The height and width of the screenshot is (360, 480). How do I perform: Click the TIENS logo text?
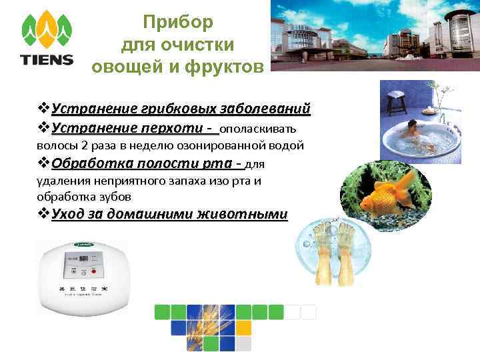(47, 59)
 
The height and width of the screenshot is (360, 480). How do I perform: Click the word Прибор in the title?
(179, 22)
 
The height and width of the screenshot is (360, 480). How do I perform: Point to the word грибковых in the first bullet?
(175, 108)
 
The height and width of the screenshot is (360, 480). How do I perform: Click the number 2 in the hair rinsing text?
(85, 145)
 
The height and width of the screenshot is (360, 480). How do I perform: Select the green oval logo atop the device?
(83, 244)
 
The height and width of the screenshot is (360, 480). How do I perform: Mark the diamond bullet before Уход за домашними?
(43, 214)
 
